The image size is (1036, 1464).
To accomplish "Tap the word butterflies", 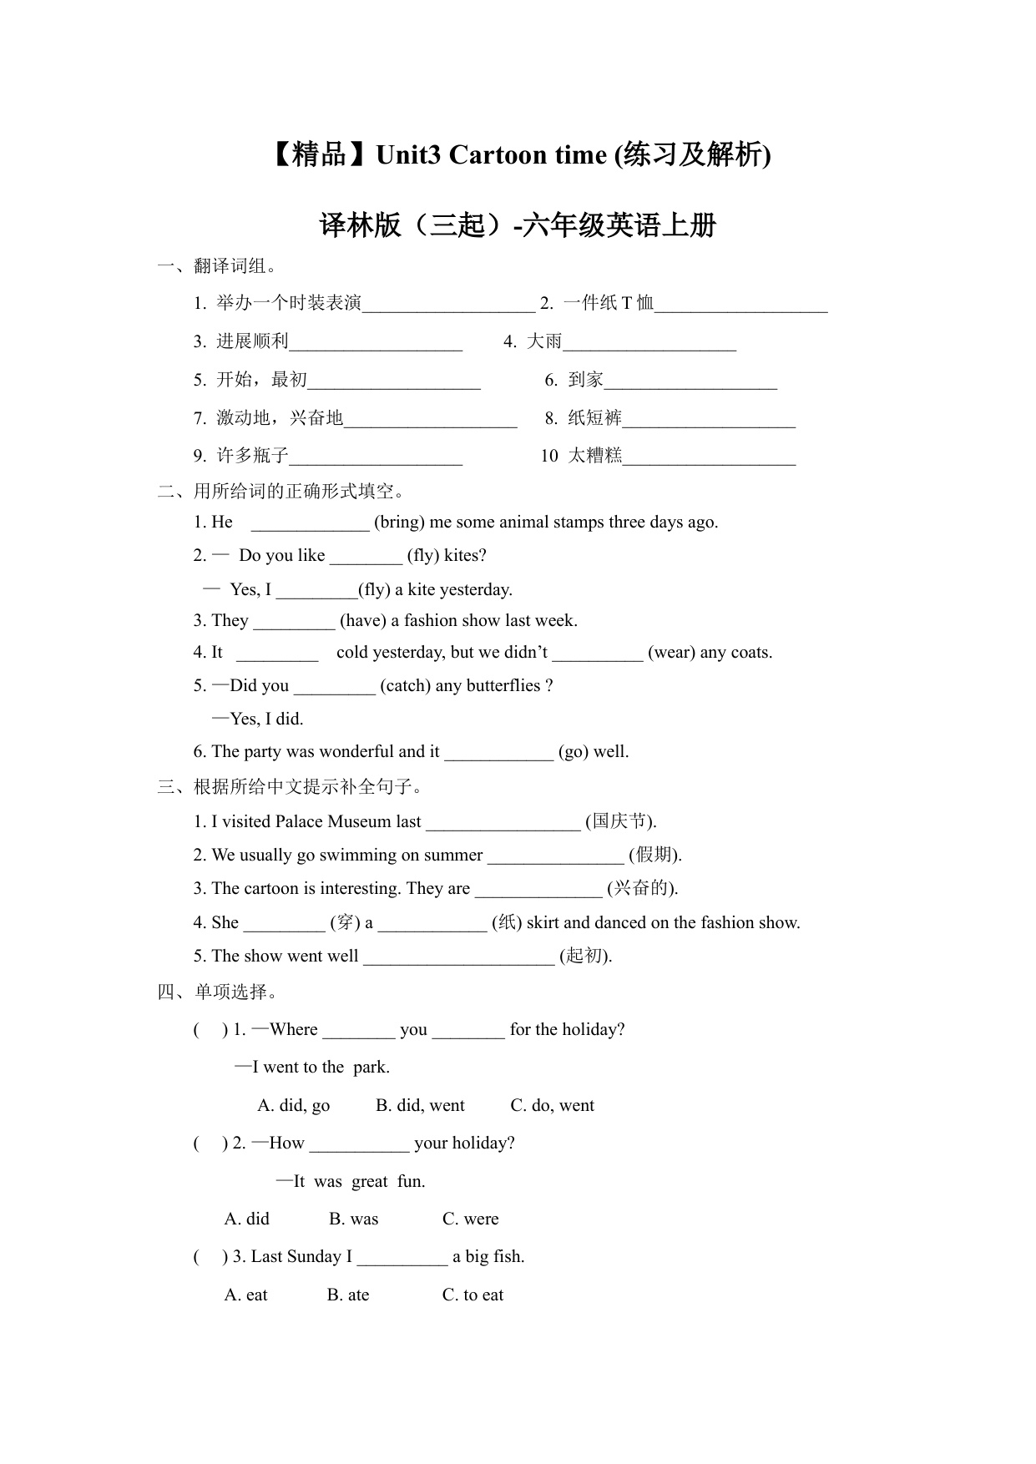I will [501, 686].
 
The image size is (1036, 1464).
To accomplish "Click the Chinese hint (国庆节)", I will [620, 822].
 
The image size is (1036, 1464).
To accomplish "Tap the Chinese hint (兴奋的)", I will [642, 889].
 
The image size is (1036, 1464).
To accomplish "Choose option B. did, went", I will [420, 1106].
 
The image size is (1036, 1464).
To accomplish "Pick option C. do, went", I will [552, 1106].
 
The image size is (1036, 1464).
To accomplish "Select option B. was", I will [353, 1219].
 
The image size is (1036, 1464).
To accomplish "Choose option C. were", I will [470, 1219].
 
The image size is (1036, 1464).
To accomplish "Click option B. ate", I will [347, 1295].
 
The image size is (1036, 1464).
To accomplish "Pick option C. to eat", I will [473, 1295].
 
